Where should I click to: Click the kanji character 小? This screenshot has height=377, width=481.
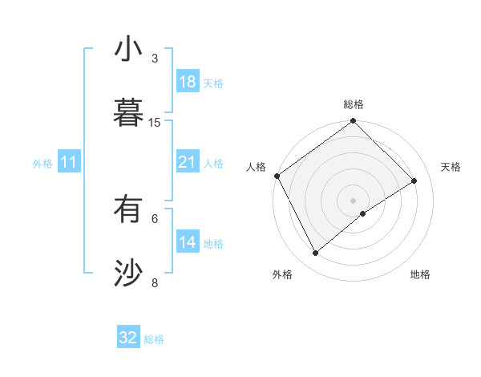(x=128, y=49)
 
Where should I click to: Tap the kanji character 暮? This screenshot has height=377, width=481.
(x=128, y=112)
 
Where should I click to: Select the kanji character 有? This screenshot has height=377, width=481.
(x=128, y=211)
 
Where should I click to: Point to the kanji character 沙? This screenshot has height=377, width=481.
(x=128, y=274)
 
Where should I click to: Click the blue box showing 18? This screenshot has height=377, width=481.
(x=187, y=82)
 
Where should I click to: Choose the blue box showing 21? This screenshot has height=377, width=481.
(x=187, y=163)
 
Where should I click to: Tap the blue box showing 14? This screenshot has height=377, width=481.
(x=187, y=243)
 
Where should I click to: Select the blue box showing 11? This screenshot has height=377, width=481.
(x=69, y=163)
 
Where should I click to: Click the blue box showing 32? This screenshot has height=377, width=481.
(x=128, y=338)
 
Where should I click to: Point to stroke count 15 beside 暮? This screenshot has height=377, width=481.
(x=155, y=122)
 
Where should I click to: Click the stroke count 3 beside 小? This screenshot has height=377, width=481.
(x=155, y=59)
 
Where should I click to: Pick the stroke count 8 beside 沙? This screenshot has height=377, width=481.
(x=155, y=282)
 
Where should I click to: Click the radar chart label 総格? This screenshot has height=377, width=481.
(x=354, y=104)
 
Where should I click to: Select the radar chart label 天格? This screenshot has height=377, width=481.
(x=451, y=167)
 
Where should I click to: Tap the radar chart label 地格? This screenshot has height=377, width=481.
(x=420, y=274)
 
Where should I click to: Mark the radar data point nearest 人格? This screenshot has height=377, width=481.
(x=277, y=176)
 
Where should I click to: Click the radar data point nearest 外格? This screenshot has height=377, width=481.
(x=315, y=253)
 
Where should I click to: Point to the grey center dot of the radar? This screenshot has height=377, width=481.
(x=354, y=200)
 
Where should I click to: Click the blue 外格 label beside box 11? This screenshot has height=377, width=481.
(x=42, y=164)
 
